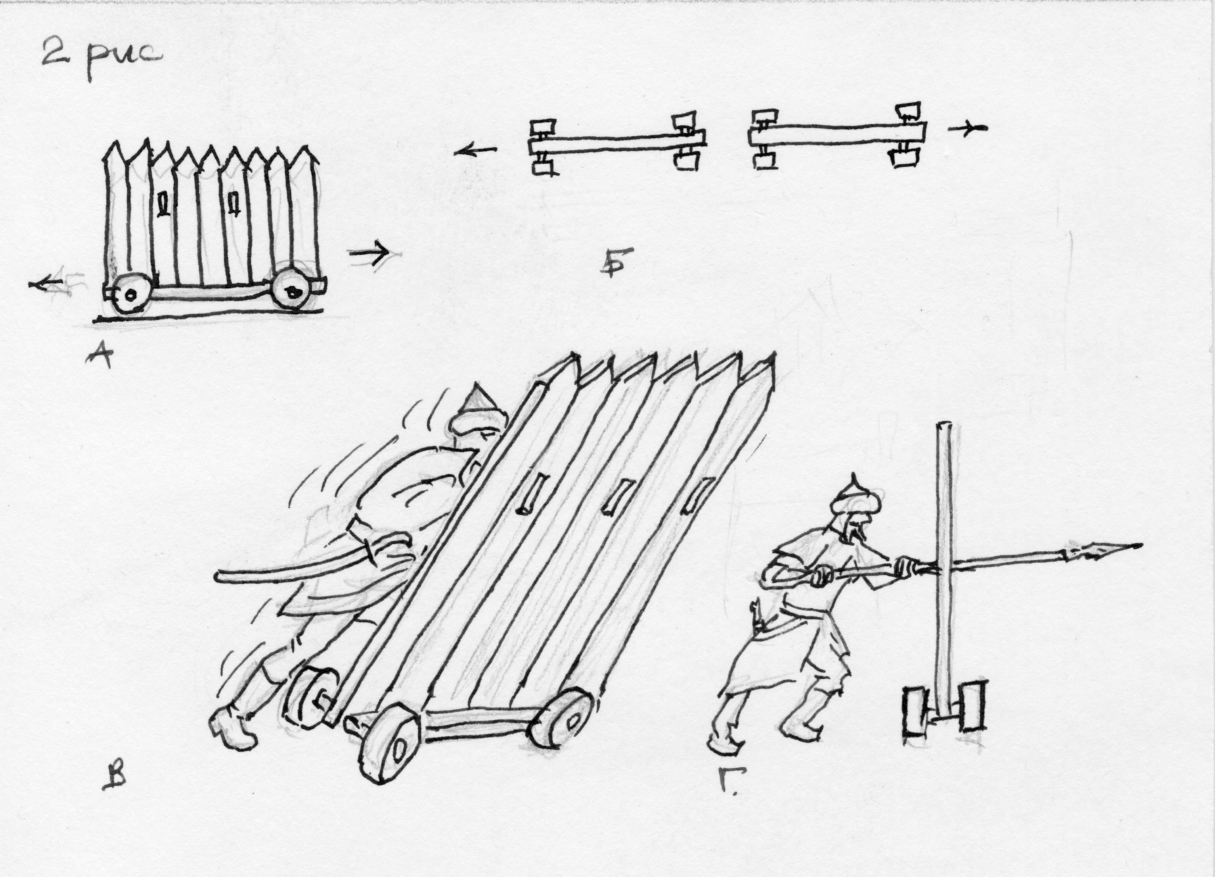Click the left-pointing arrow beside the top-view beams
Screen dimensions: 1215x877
[475, 152]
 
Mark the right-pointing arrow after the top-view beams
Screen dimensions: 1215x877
[967, 129]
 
